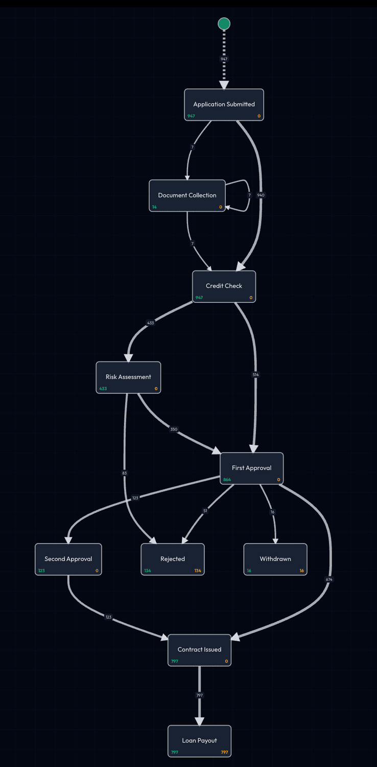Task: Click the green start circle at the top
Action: pyautogui.click(x=224, y=24)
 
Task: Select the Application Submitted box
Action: pyautogui.click(x=224, y=105)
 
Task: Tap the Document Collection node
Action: pyautogui.click(x=187, y=196)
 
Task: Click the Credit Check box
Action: pyautogui.click(x=224, y=286)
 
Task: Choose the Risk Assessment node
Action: pyautogui.click(x=128, y=377)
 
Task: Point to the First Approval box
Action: pyautogui.click(x=251, y=468)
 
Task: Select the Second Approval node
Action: pyautogui.click(x=68, y=559)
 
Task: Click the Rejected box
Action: pyautogui.click(x=173, y=559)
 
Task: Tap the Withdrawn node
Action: pyautogui.click(x=275, y=559)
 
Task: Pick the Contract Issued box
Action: pyautogui.click(x=199, y=650)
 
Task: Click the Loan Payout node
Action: pyautogui.click(x=199, y=741)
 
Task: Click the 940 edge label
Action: pyautogui.click(x=261, y=195)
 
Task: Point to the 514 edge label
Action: pyautogui.click(x=255, y=375)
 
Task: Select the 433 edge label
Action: pyautogui.click(x=150, y=323)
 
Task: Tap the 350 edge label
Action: pyautogui.click(x=174, y=429)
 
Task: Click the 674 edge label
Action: pyautogui.click(x=328, y=579)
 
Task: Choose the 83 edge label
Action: pyautogui.click(x=124, y=473)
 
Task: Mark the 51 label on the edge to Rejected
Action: pyautogui.click(x=205, y=511)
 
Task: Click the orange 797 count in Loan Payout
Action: pyautogui.click(x=224, y=752)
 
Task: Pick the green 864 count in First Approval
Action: pyautogui.click(x=227, y=480)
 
